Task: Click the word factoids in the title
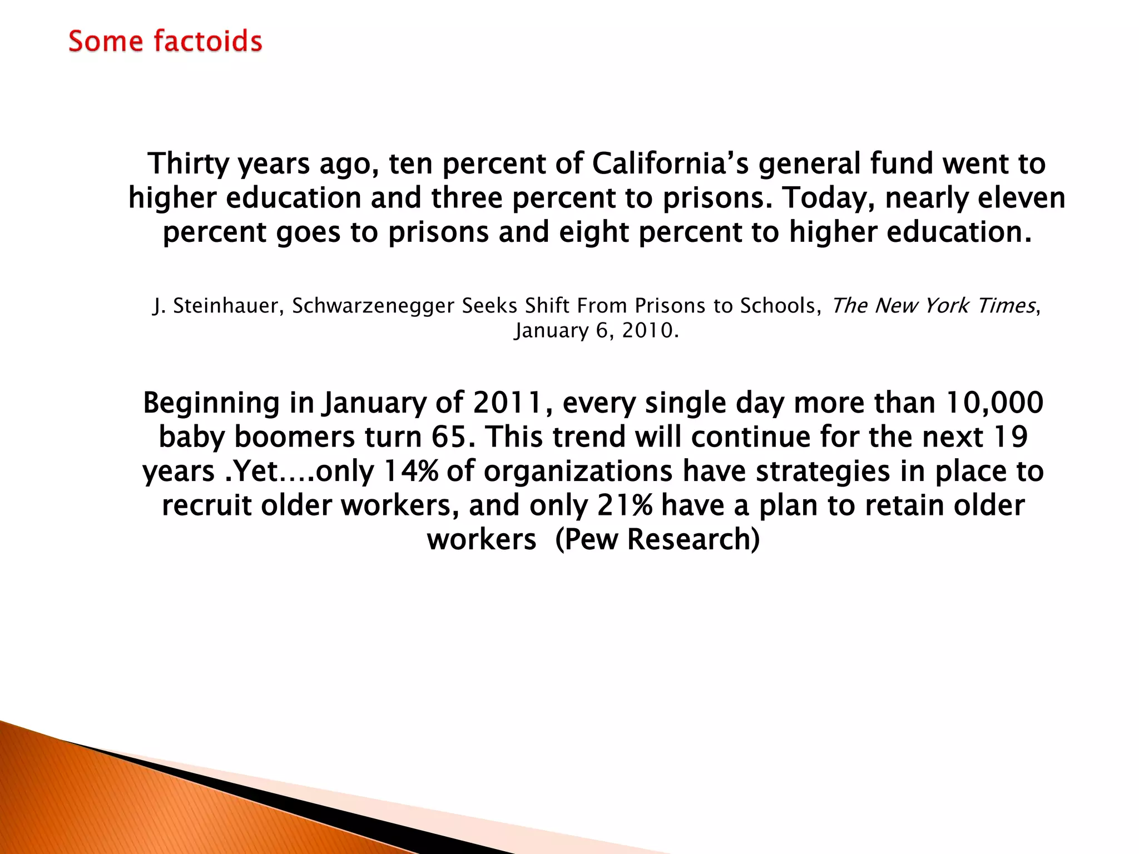(207, 42)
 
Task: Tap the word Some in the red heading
(106, 42)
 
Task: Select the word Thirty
(188, 164)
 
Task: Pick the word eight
(594, 232)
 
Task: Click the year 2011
(507, 403)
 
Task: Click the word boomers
(294, 437)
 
